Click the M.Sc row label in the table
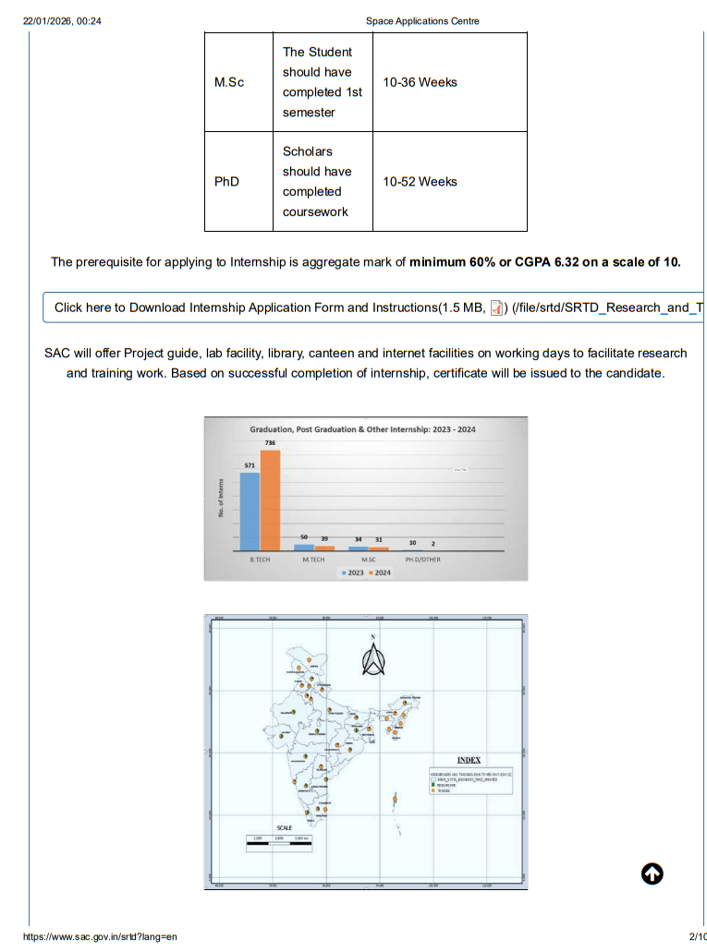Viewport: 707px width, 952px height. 229,82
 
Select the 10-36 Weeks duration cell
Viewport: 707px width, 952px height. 420,82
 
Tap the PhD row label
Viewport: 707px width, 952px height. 226,182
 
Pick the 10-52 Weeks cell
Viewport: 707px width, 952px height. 420,182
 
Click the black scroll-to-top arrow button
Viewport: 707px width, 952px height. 652,874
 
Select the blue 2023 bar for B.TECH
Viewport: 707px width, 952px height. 250,511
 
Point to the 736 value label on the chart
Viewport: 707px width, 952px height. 270,444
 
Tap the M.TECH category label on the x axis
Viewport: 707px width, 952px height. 313,560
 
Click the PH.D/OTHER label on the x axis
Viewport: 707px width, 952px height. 422,560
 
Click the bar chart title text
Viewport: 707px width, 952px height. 362,429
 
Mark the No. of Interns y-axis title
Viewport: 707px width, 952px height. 221,496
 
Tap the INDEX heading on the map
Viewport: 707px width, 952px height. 469,760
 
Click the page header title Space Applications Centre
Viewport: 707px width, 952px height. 422,21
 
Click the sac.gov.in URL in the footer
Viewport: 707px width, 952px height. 99,937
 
